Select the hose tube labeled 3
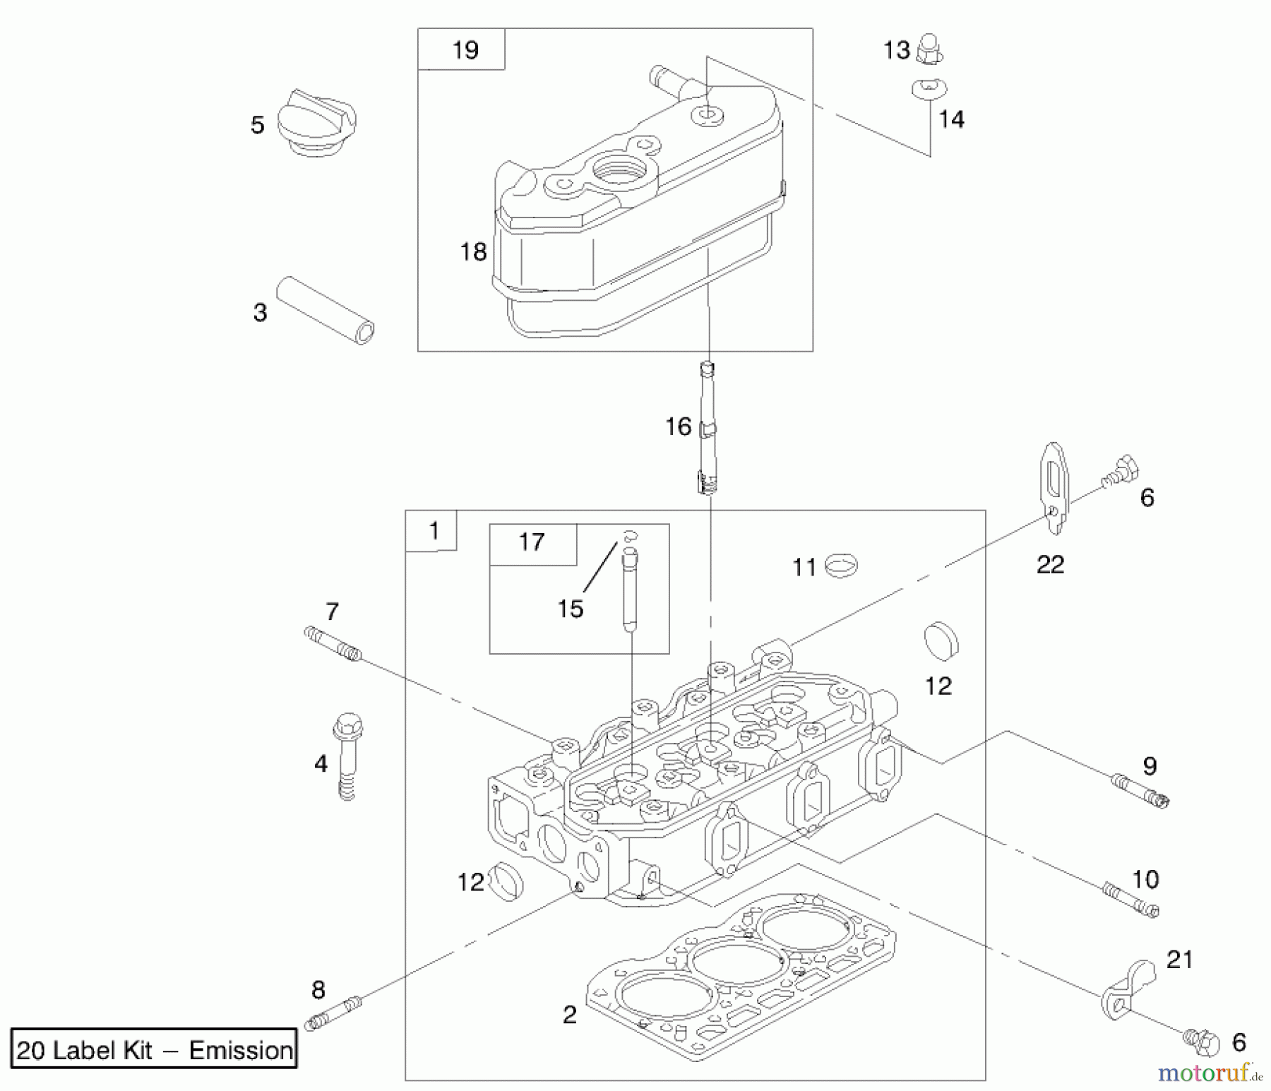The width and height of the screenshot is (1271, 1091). pyautogui.click(x=325, y=310)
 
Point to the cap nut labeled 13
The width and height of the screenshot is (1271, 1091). pyautogui.click(x=929, y=50)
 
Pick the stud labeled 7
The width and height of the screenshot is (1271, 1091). pyautogui.click(x=333, y=644)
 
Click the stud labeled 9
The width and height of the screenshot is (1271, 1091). pyautogui.click(x=1140, y=790)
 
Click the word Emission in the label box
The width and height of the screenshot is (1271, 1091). pyautogui.click(x=241, y=1050)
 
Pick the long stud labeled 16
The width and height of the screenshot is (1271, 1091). pyautogui.click(x=708, y=428)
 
